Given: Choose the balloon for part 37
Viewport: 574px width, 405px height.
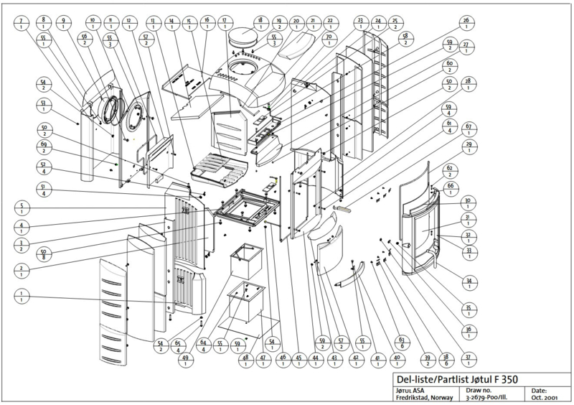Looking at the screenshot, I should tap(467, 357).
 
